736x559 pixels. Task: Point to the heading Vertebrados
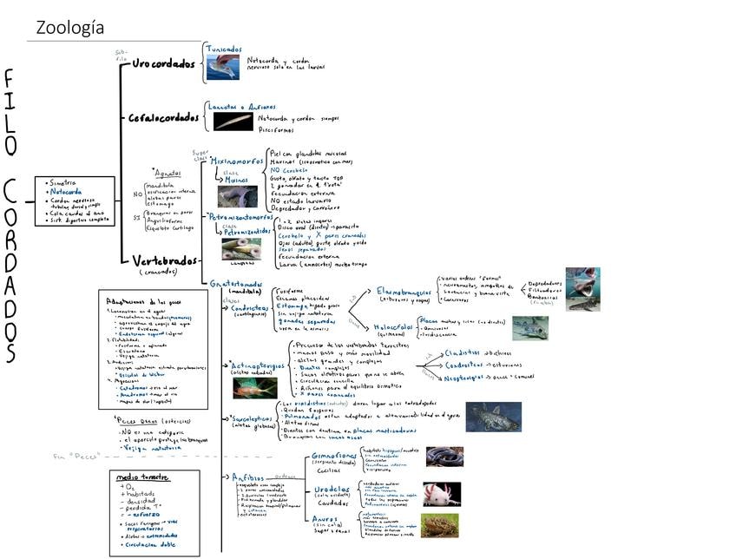click(x=164, y=260)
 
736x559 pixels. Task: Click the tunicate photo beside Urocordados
click(x=222, y=67)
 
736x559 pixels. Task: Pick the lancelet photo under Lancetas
click(x=233, y=121)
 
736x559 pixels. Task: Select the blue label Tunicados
click(x=224, y=49)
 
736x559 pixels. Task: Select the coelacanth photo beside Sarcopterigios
click(x=493, y=417)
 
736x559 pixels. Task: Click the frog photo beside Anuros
click(x=440, y=525)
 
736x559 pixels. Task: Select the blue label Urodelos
click(x=332, y=490)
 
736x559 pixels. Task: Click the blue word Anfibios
click(x=248, y=477)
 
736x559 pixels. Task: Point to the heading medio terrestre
click(x=144, y=478)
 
